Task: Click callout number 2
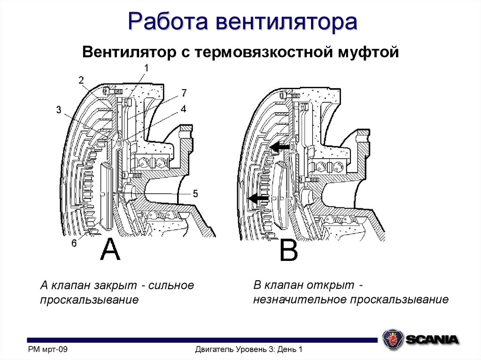pyautogui.click(x=81, y=80)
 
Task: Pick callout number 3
pyautogui.click(x=59, y=110)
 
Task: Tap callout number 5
pyautogui.click(x=195, y=193)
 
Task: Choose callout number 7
pyautogui.click(x=184, y=92)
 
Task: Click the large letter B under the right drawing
pyautogui.click(x=288, y=251)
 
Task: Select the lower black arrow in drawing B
pyautogui.click(x=258, y=199)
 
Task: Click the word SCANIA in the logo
pyautogui.click(x=432, y=339)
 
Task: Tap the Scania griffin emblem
pyautogui.click(x=393, y=338)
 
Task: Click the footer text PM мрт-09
pyautogui.click(x=48, y=349)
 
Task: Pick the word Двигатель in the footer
pyautogui.click(x=217, y=349)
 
